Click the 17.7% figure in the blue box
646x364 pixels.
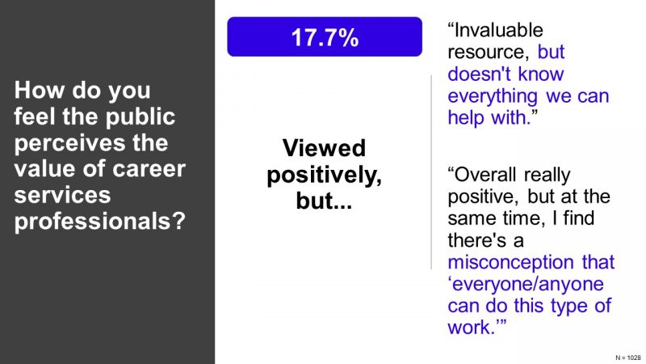tap(325, 37)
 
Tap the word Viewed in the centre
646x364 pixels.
tap(324, 148)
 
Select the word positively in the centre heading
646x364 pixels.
tap(324, 176)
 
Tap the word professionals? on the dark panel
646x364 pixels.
tap(100, 221)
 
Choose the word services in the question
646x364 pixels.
tap(62, 195)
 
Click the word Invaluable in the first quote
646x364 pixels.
tap(498, 30)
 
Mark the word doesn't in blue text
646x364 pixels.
tap(479, 74)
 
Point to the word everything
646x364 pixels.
tap(493, 96)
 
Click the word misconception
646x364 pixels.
tap(511, 262)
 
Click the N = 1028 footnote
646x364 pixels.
tap(628, 358)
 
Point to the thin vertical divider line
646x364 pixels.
tap(431, 172)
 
